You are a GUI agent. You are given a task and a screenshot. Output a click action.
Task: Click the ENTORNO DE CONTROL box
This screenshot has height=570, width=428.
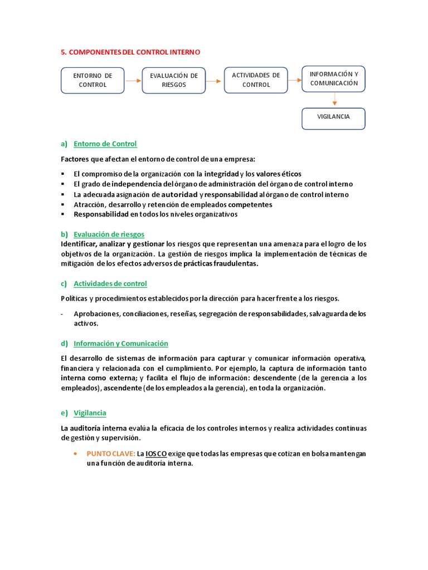pyautogui.click(x=93, y=80)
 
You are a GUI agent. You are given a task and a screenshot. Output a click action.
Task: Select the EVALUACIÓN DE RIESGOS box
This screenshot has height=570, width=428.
pyautogui.click(x=174, y=80)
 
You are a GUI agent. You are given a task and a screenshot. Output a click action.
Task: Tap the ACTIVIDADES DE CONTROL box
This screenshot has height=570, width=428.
pyautogui.click(x=256, y=80)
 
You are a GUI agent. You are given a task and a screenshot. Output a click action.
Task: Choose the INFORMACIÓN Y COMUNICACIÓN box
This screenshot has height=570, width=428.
pyautogui.click(x=334, y=78)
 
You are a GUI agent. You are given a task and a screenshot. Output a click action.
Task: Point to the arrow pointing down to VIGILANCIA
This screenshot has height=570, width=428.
pyautogui.click(x=334, y=100)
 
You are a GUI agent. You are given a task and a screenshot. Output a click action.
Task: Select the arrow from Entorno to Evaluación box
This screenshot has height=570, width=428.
pyautogui.click(x=133, y=81)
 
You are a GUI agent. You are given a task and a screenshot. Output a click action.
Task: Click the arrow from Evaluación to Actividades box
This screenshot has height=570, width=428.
pyautogui.click(x=215, y=81)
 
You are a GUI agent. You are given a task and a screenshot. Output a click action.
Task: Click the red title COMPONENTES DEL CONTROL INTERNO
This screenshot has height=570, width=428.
pyautogui.click(x=130, y=52)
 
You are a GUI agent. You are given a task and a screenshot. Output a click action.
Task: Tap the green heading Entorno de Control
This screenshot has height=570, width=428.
pyautogui.click(x=105, y=144)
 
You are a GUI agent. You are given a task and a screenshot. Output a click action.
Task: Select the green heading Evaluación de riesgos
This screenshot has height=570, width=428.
pyautogui.click(x=109, y=234)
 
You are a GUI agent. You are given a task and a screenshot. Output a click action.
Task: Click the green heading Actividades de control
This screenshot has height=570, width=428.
pyautogui.click(x=110, y=283)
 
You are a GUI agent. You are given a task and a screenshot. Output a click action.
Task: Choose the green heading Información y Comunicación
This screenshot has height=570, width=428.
pyautogui.click(x=120, y=343)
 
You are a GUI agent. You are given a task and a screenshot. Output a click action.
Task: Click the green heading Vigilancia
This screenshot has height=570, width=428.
pyautogui.click(x=90, y=413)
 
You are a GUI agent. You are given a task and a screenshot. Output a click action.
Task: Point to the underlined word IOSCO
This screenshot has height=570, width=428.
pyautogui.click(x=156, y=454)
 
